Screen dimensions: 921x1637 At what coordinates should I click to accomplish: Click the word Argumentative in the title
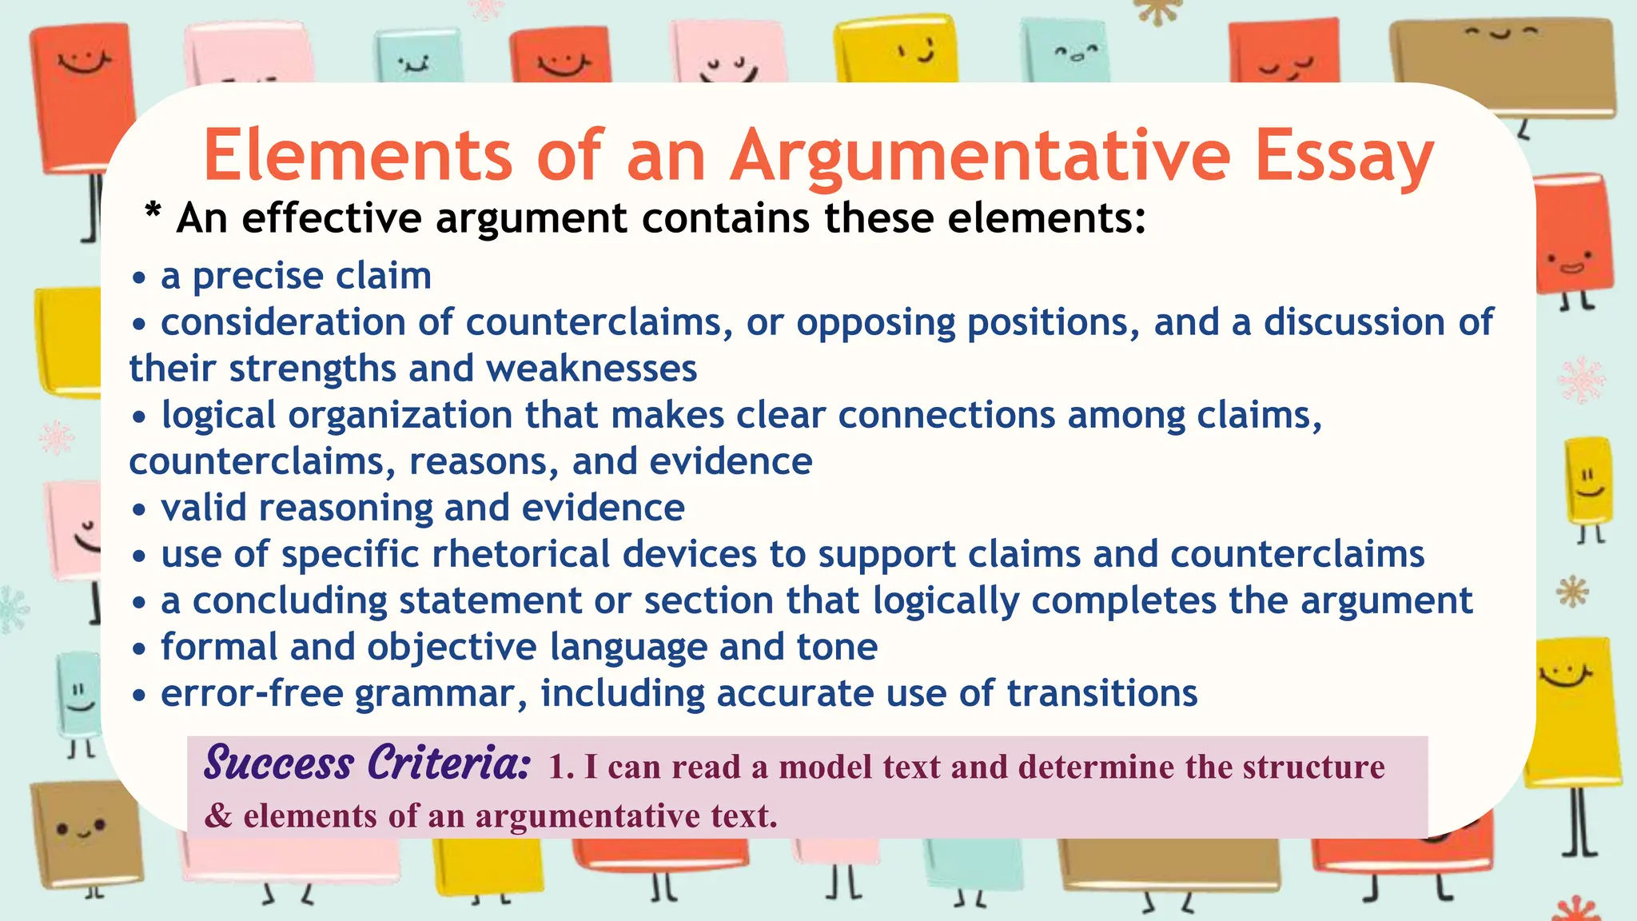(980, 156)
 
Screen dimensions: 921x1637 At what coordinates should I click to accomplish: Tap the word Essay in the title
(1344, 156)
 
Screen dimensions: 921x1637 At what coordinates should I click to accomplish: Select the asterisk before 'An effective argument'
(153, 213)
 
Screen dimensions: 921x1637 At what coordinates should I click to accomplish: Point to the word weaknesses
(591, 369)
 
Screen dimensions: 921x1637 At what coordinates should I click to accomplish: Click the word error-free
(252, 694)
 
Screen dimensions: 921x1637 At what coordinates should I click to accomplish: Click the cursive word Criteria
(448, 764)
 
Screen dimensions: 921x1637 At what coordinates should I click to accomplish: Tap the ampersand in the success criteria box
(218, 816)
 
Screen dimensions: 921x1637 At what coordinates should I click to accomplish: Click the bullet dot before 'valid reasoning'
(140, 509)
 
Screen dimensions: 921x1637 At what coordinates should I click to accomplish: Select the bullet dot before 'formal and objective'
(140, 648)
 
